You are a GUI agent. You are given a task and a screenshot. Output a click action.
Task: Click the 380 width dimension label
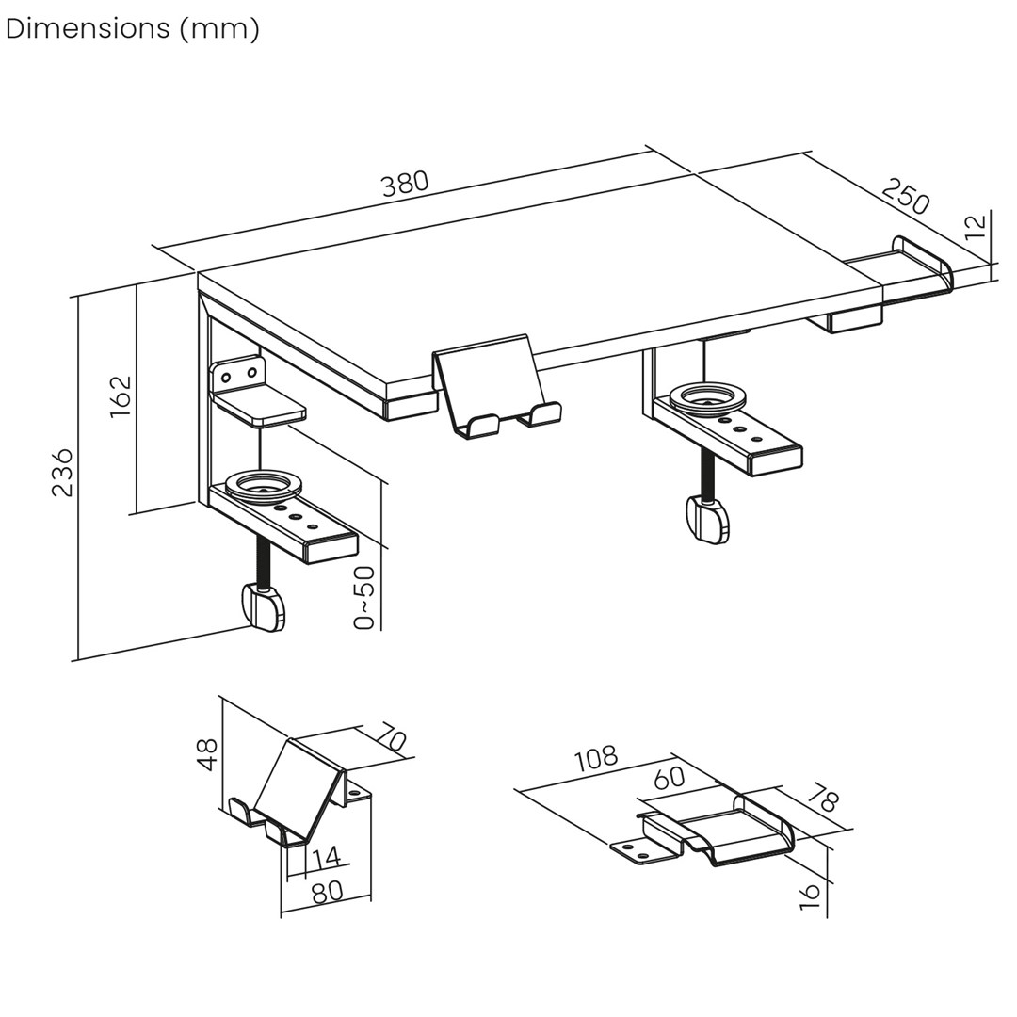[x=405, y=183]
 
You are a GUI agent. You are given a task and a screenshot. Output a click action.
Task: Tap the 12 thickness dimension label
[x=977, y=226]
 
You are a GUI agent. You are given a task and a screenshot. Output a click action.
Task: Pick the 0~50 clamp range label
[x=364, y=597]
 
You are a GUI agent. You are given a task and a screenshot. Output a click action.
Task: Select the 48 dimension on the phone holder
[x=207, y=754]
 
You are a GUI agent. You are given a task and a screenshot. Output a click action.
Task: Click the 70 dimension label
[x=391, y=737]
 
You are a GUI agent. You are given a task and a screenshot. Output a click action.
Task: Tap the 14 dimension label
[x=326, y=858]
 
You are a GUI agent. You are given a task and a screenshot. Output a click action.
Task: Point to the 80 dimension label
[x=327, y=892]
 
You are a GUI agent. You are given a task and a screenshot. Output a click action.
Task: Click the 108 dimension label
[x=596, y=758]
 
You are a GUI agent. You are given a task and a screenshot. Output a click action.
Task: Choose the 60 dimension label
[x=669, y=778]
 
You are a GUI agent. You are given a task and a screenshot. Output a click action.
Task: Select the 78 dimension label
[x=823, y=799]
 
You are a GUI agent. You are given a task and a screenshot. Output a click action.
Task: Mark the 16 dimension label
[x=810, y=896]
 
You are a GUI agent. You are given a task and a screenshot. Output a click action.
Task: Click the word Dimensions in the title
[x=88, y=29]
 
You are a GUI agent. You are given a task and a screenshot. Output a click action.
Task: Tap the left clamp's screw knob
[x=264, y=607]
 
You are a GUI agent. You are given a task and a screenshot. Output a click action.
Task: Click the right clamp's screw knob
[x=709, y=520]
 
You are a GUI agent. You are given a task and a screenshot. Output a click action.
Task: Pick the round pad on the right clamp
[x=708, y=395]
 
